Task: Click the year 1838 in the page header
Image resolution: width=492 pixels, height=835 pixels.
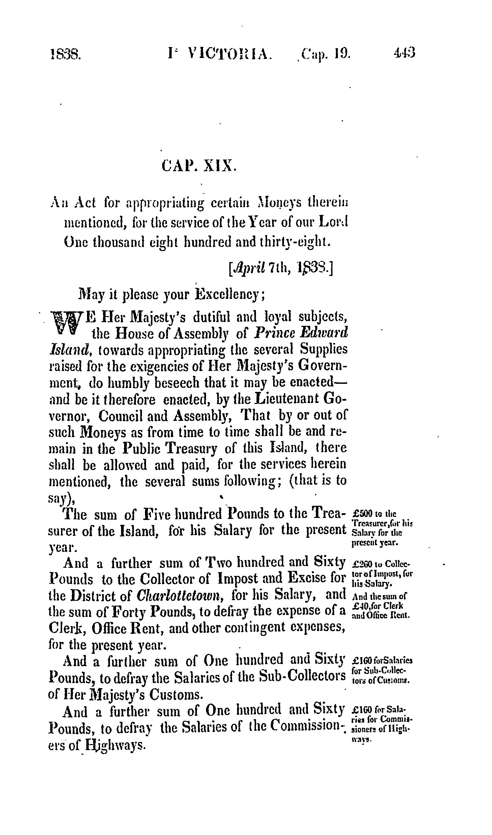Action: [65, 54]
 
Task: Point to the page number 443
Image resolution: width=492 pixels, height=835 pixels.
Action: [405, 54]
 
